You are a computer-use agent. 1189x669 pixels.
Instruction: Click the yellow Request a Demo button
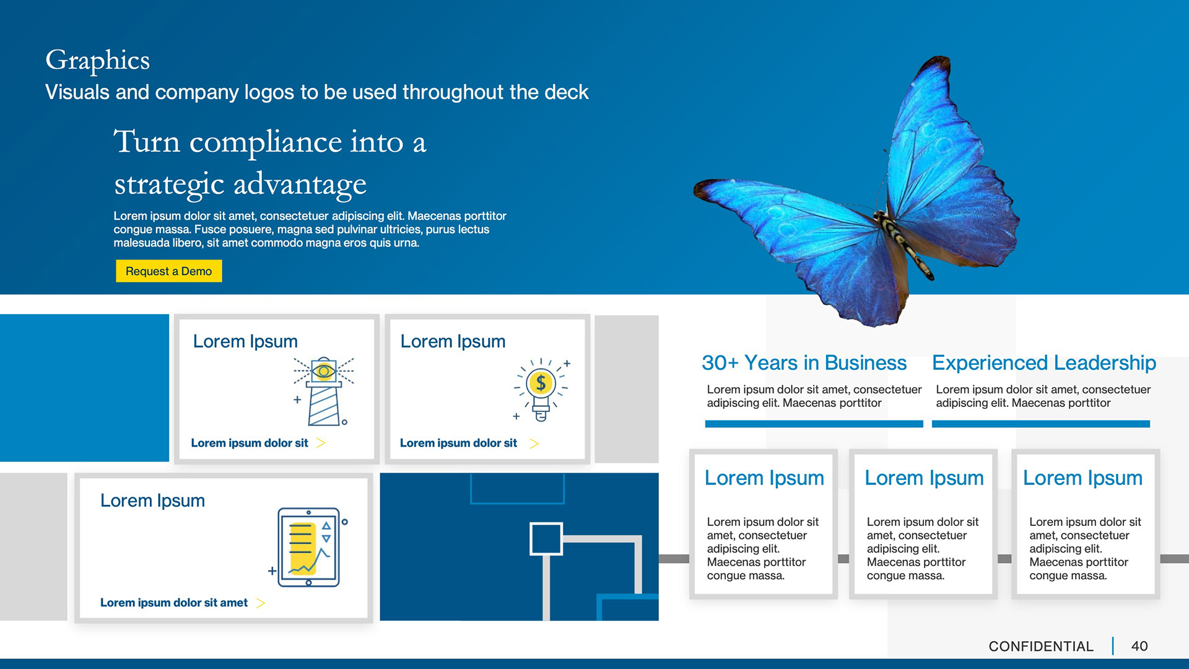tap(168, 271)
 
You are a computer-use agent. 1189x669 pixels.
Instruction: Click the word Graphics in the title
tap(98, 61)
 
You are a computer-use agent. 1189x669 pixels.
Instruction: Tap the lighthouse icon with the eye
tap(323, 391)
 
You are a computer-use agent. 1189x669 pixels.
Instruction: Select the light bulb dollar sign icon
tap(541, 389)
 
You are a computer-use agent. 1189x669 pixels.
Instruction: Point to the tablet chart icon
tap(308, 547)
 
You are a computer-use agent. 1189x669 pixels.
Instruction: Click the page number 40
tap(1139, 646)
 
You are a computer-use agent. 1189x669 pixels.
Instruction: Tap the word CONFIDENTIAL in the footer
tap(1041, 646)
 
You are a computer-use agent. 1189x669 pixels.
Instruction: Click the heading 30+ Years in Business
tap(804, 362)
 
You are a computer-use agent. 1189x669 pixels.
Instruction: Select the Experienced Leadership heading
tap(1044, 363)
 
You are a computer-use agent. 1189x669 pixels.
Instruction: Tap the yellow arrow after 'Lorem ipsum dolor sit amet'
tap(261, 603)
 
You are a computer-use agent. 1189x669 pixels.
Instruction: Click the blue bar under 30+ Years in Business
tap(814, 424)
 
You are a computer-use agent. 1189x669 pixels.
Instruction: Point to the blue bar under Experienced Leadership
tap(1040, 424)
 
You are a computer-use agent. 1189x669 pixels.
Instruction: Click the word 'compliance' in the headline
tap(266, 143)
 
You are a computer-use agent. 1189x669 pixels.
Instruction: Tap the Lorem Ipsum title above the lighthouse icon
tap(245, 341)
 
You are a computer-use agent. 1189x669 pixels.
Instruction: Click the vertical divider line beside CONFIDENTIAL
tap(1113, 646)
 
